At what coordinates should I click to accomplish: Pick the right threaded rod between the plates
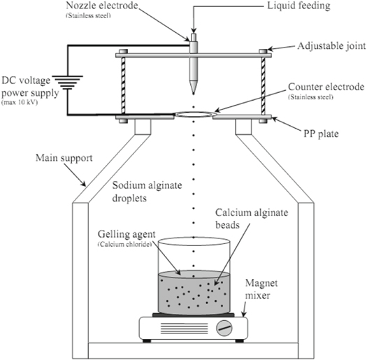pyautogui.click(x=263, y=82)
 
